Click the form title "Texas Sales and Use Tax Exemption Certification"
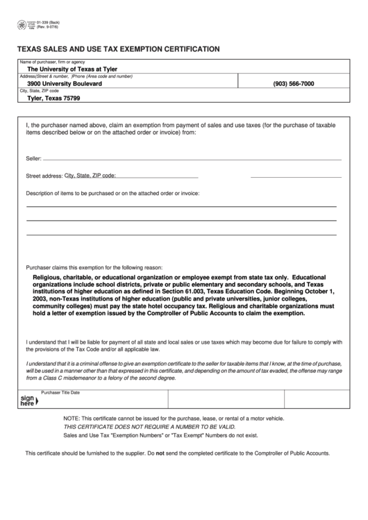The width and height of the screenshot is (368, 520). [119, 49]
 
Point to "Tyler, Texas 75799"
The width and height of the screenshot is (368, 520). [58, 98]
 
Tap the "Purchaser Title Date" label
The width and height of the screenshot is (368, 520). [60, 393]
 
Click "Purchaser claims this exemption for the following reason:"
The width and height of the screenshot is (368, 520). [94, 267]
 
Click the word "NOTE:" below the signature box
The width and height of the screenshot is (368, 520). [72, 419]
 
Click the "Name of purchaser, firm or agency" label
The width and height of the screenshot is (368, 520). [52, 62]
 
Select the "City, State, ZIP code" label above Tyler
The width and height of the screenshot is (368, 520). [40, 91]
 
